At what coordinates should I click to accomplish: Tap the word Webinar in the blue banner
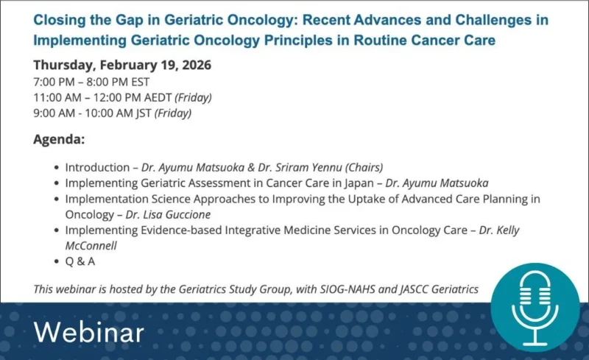(x=88, y=332)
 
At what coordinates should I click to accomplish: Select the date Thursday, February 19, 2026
(x=122, y=65)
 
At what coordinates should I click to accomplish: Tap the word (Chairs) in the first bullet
(x=362, y=167)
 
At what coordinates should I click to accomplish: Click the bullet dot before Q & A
(x=56, y=261)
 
